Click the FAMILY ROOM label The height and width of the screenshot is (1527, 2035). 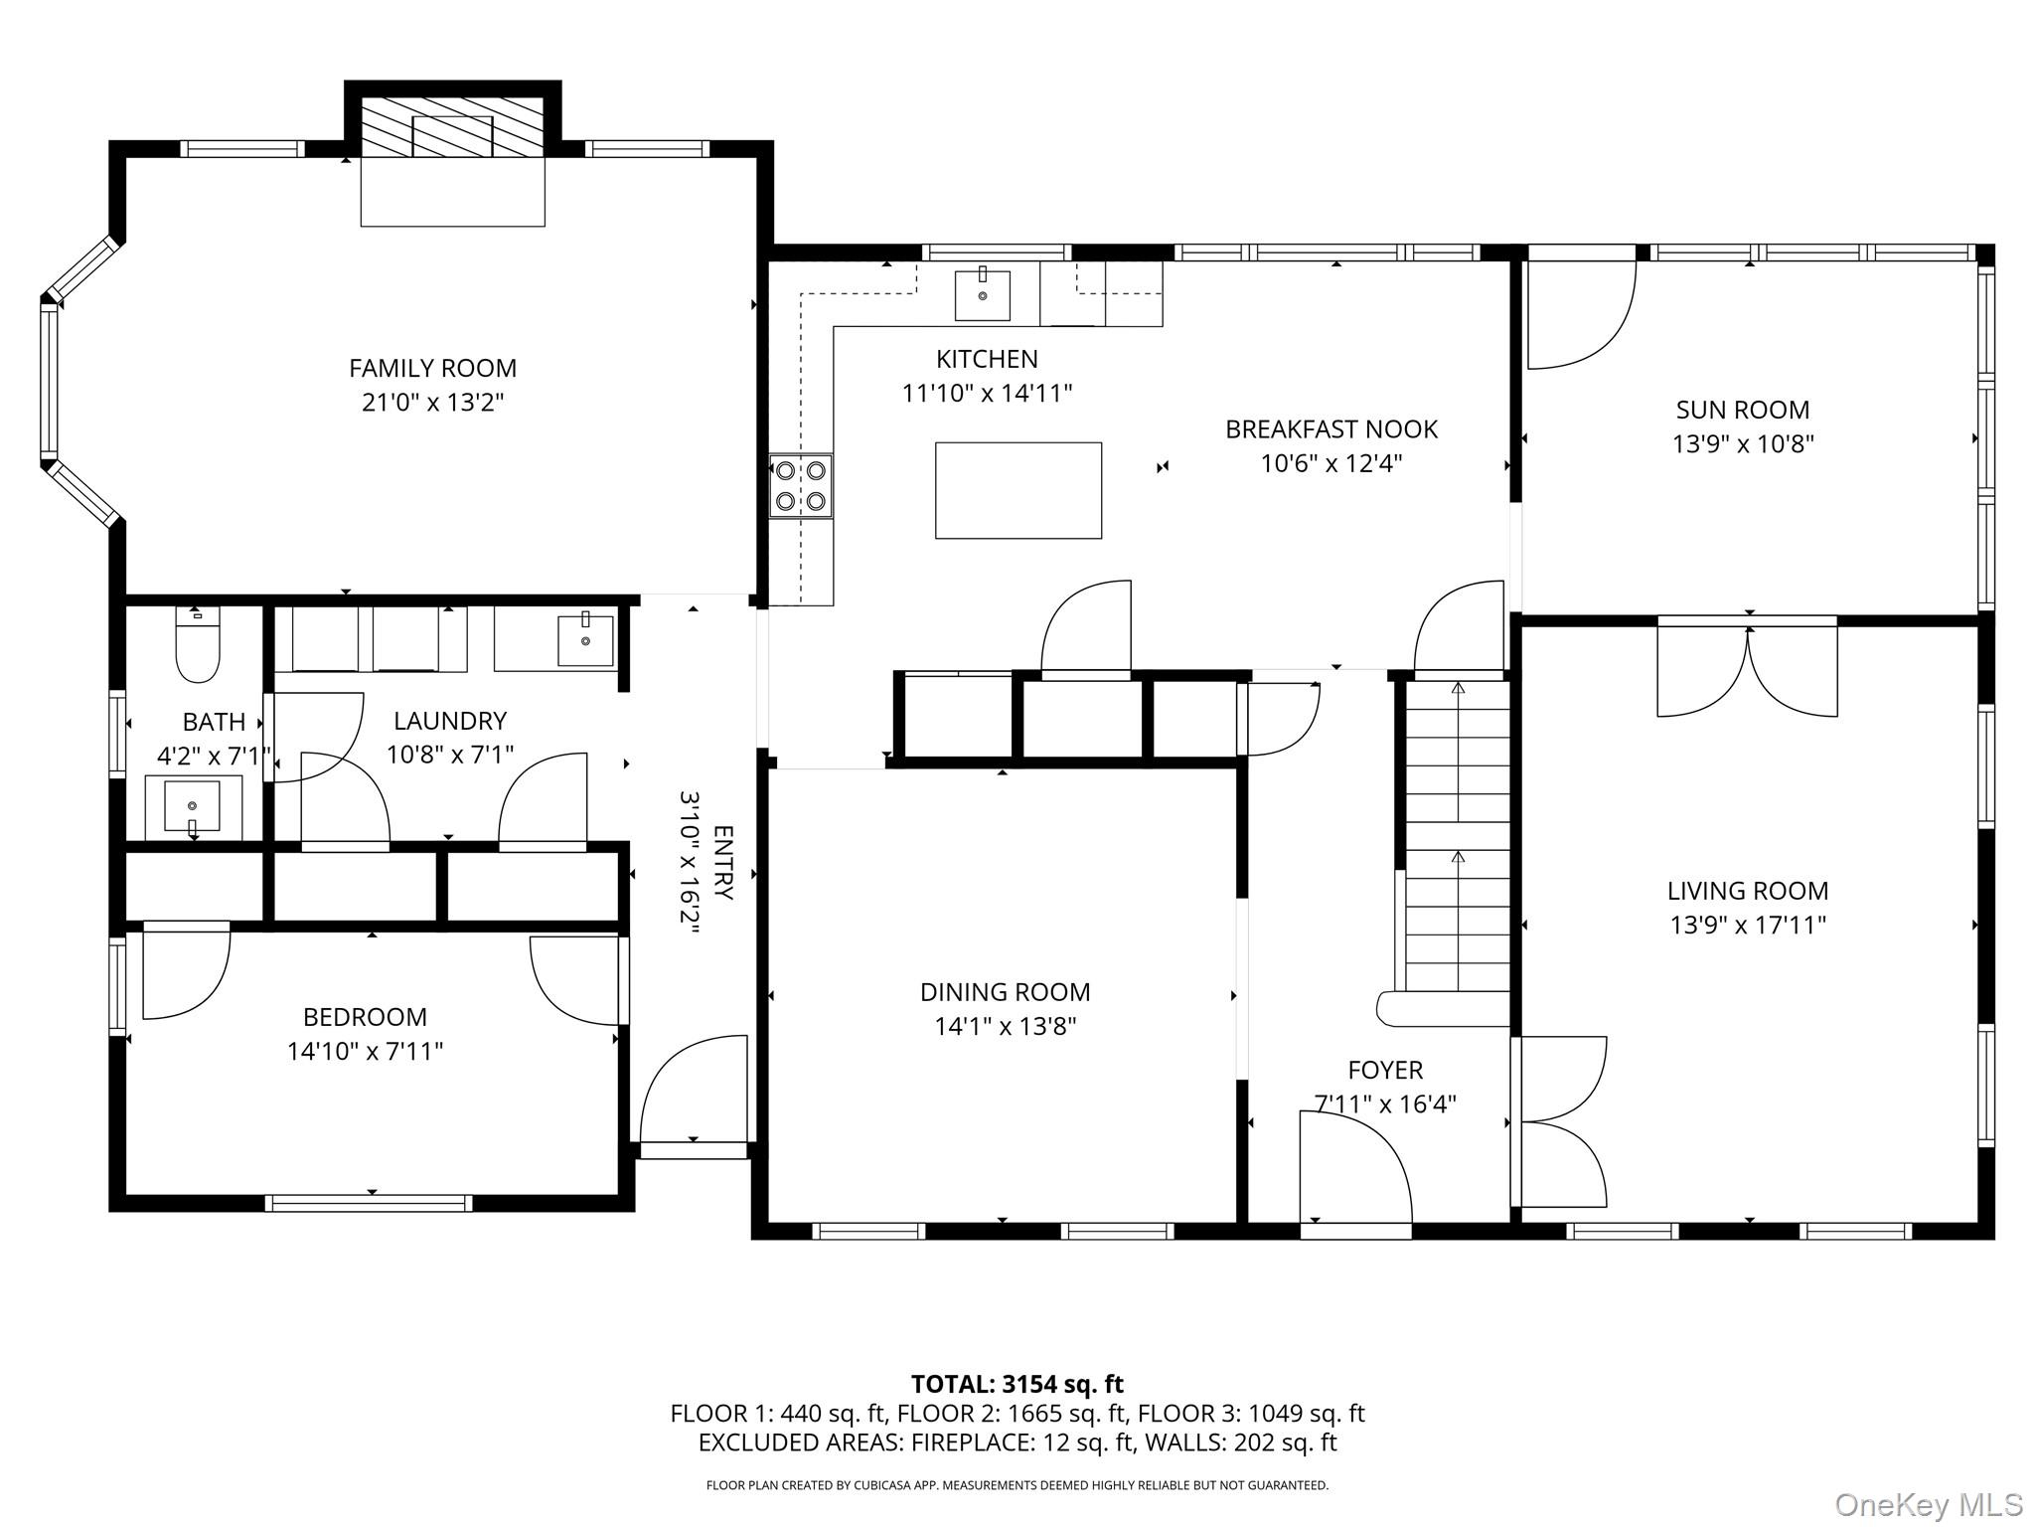point(432,369)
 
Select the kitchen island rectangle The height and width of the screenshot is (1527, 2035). point(1017,491)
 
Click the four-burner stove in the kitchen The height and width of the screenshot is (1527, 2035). point(801,485)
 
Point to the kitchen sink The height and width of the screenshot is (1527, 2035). point(982,295)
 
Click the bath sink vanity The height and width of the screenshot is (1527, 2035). point(193,807)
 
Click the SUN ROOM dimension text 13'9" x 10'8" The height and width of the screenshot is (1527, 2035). point(1743,444)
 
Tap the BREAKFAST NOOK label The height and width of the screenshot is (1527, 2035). point(1331,429)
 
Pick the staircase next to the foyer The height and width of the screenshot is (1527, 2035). point(1457,835)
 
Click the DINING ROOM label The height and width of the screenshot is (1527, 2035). point(1005,992)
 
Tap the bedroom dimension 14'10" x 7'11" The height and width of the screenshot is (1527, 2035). point(365,1052)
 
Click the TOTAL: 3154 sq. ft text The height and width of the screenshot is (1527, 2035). point(1017,1384)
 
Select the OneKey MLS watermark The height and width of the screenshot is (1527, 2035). point(1928,1505)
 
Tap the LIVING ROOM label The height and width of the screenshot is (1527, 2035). point(1747,891)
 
